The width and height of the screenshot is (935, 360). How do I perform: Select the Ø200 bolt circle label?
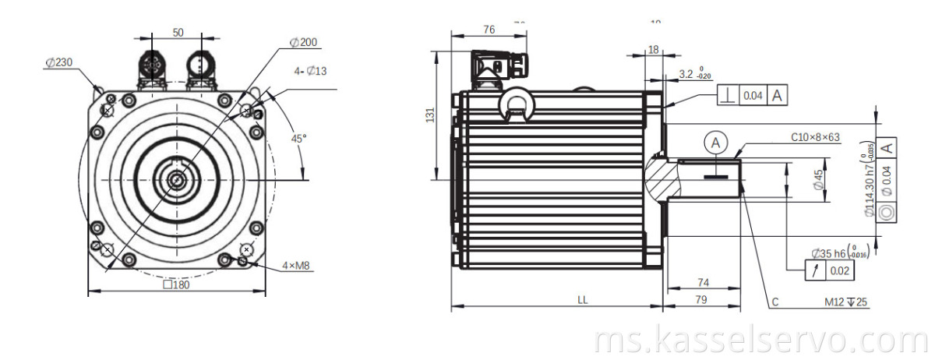tap(303, 42)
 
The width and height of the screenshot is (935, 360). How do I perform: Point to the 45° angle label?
tap(298, 138)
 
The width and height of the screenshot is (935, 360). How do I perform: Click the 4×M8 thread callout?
tap(296, 266)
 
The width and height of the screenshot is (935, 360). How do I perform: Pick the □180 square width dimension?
tap(176, 284)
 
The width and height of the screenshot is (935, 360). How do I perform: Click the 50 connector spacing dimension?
tap(178, 33)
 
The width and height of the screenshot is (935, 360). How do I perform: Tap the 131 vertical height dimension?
tap(429, 114)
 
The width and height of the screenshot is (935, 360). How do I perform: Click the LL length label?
tap(583, 299)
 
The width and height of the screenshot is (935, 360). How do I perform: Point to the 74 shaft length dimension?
tap(702, 282)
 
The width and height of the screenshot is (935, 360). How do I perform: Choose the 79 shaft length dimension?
tap(702, 299)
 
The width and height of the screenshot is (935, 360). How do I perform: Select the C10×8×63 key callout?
tap(816, 138)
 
